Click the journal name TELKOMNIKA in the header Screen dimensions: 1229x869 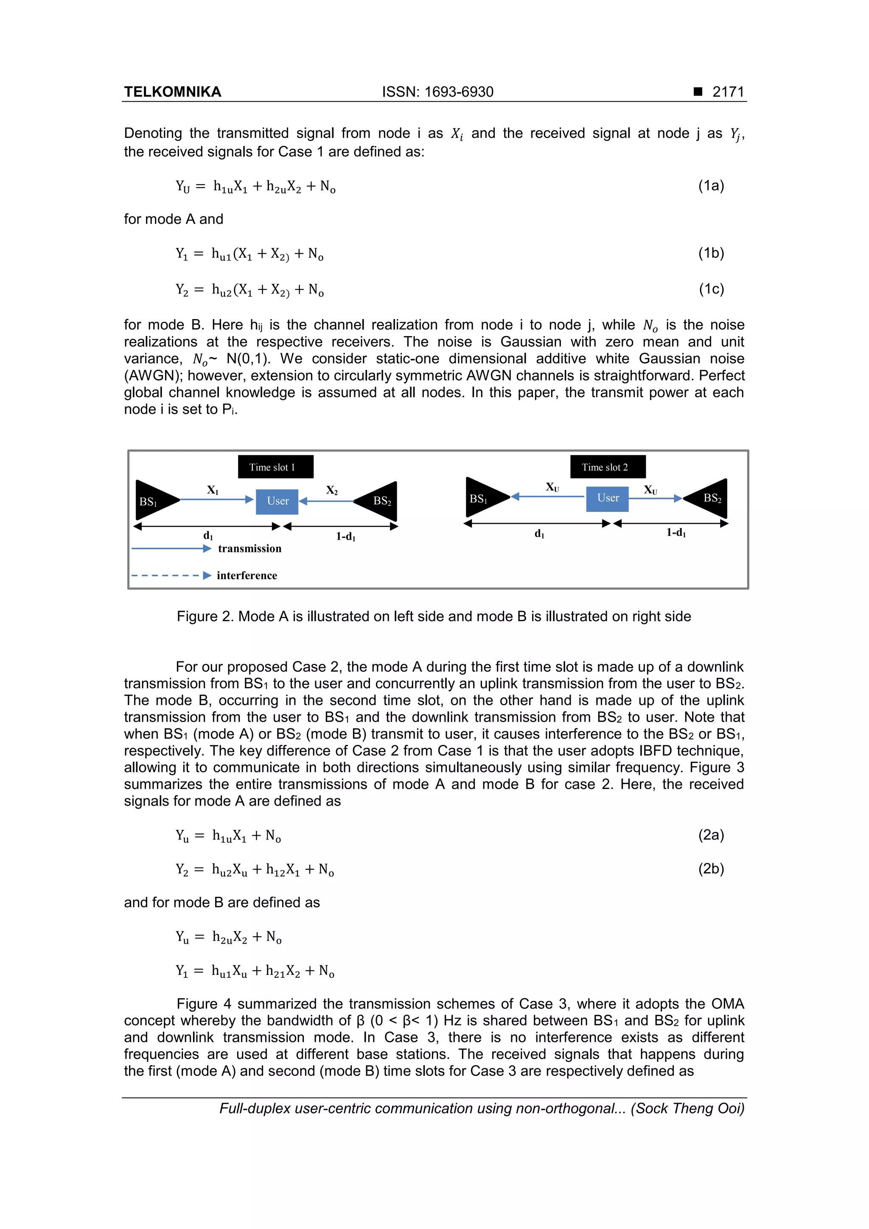[172, 92]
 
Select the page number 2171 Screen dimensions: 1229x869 [728, 92]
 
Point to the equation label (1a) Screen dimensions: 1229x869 [710, 186]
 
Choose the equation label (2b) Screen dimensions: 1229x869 [710, 868]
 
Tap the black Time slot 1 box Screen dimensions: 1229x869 [275, 467]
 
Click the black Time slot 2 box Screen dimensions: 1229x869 [607, 467]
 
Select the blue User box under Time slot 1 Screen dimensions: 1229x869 [277, 501]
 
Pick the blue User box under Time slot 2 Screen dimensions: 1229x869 [607, 498]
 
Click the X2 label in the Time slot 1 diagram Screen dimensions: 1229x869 [332, 490]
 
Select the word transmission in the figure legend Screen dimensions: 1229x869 [249, 549]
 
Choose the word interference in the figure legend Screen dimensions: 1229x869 [247, 575]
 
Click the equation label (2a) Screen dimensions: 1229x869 [710, 835]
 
